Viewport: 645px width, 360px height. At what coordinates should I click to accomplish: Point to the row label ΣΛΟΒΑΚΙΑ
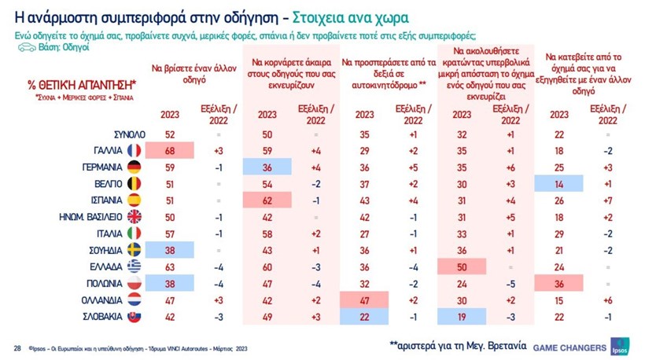pos(98,316)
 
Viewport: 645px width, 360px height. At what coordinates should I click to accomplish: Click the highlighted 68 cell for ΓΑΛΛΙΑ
pos(169,149)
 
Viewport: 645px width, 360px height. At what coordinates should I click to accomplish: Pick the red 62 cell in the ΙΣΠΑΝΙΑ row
pos(267,200)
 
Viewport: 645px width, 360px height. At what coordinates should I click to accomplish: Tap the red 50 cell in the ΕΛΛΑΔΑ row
pos(462,266)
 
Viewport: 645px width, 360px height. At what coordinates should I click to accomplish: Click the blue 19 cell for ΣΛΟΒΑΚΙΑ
pos(462,316)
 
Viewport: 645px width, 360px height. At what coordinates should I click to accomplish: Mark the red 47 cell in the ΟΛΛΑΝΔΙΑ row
pos(364,299)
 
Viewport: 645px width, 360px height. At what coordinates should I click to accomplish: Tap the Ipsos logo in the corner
pos(622,347)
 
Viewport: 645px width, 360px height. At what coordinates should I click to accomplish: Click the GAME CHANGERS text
pos(569,347)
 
